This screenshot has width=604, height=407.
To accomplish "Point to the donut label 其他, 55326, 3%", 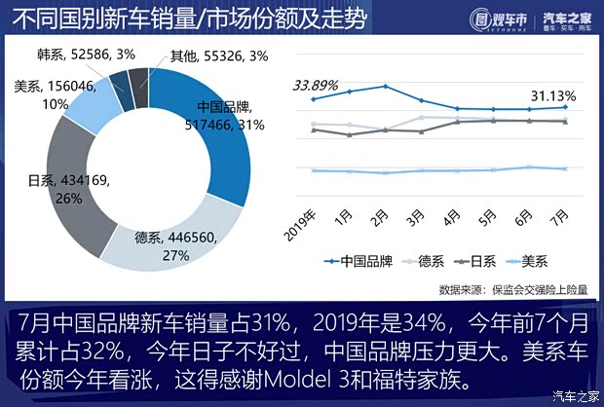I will pyautogui.click(x=205, y=55).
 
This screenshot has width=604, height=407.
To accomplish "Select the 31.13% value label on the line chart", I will pyautogui.click(x=552, y=94).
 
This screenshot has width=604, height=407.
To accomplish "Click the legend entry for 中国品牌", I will pyautogui.click(x=360, y=261).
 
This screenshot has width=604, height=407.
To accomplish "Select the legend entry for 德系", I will pyautogui.click(x=427, y=261).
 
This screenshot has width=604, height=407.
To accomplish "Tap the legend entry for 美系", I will pyautogui.click(x=530, y=261).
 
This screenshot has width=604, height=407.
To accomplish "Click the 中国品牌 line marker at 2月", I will pyautogui.click(x=386, y=86).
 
